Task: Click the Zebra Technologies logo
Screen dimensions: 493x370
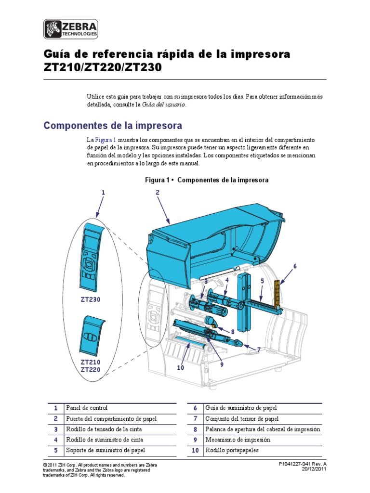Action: [71, 29]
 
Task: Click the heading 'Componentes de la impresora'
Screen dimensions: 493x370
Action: [113, 126]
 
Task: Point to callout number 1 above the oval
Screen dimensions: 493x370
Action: [102, 193]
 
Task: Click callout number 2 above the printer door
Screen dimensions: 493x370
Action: [157, 193]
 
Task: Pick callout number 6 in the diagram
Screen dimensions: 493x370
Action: [295, 266]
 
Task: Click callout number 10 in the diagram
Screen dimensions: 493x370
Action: [180, 368]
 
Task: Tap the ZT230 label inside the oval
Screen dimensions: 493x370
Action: [90, 299]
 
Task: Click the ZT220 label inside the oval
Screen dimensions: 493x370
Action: [90, 369]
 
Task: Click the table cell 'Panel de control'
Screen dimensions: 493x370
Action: [87, 408]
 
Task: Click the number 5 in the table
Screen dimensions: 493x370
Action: [56, 450]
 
